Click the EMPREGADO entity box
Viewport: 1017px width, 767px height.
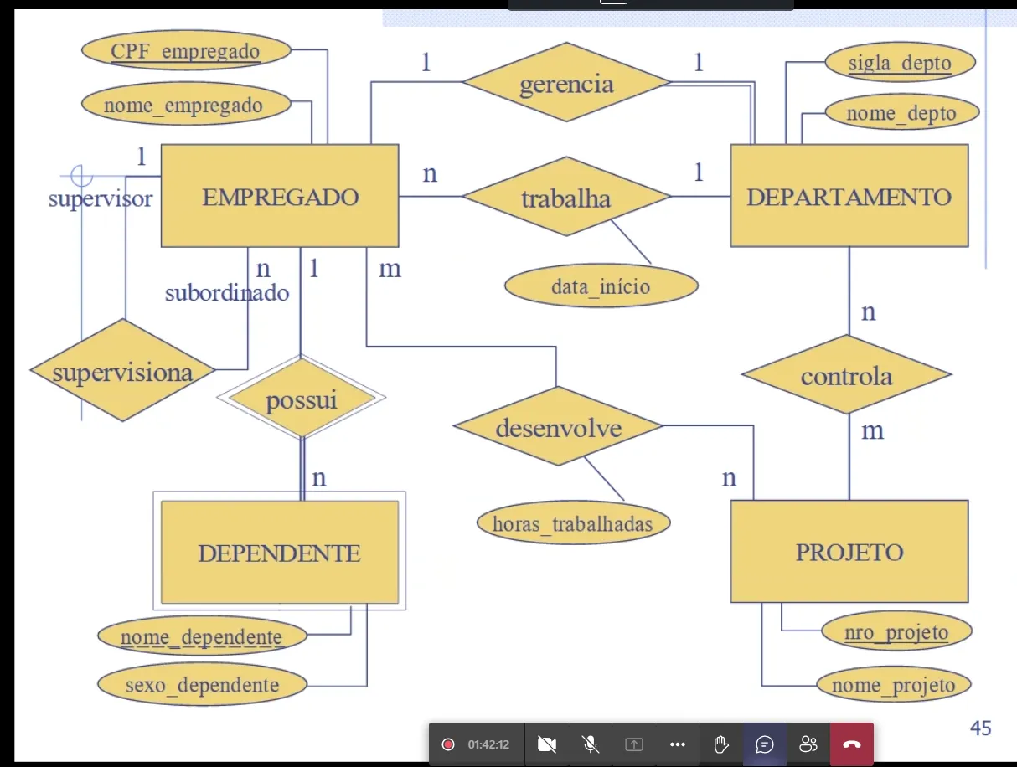click(x=280, y=196)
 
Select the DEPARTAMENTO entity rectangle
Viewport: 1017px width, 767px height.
click(x=849, y=196)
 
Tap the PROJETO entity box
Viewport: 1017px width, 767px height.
click(x=849, y=552)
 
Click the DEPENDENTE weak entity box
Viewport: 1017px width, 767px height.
click(x=279, y=552)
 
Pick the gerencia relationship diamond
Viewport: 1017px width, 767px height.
click(x=566, y=83)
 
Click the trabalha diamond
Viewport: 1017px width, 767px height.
click(x=566, y=198)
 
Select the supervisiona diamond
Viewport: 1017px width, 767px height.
click(x=122, y=371)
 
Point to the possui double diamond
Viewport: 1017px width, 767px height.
click(x=301, y=399)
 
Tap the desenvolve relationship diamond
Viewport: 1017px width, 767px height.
click(x=558, y=428)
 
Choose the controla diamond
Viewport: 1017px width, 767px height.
click(x=846, y=375)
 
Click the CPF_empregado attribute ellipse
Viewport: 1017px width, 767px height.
click(x=186, y=50)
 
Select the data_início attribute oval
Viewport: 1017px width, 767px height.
click(x=601, y=286)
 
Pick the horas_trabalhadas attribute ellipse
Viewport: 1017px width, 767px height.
click(x=573, y=523)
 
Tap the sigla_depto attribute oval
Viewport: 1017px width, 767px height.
click(x=900, y=63)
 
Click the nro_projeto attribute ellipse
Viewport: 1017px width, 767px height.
click(x=896, y=631)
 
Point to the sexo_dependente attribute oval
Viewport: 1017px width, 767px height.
click(x=202, y=685)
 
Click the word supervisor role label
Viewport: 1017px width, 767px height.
click(x=101, y=198)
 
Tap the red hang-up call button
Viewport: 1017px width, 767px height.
click(x=851, y=744)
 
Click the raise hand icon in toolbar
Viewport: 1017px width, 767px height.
click(x=721, y=744)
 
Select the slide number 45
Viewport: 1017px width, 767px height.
click(x=980, y=728)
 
